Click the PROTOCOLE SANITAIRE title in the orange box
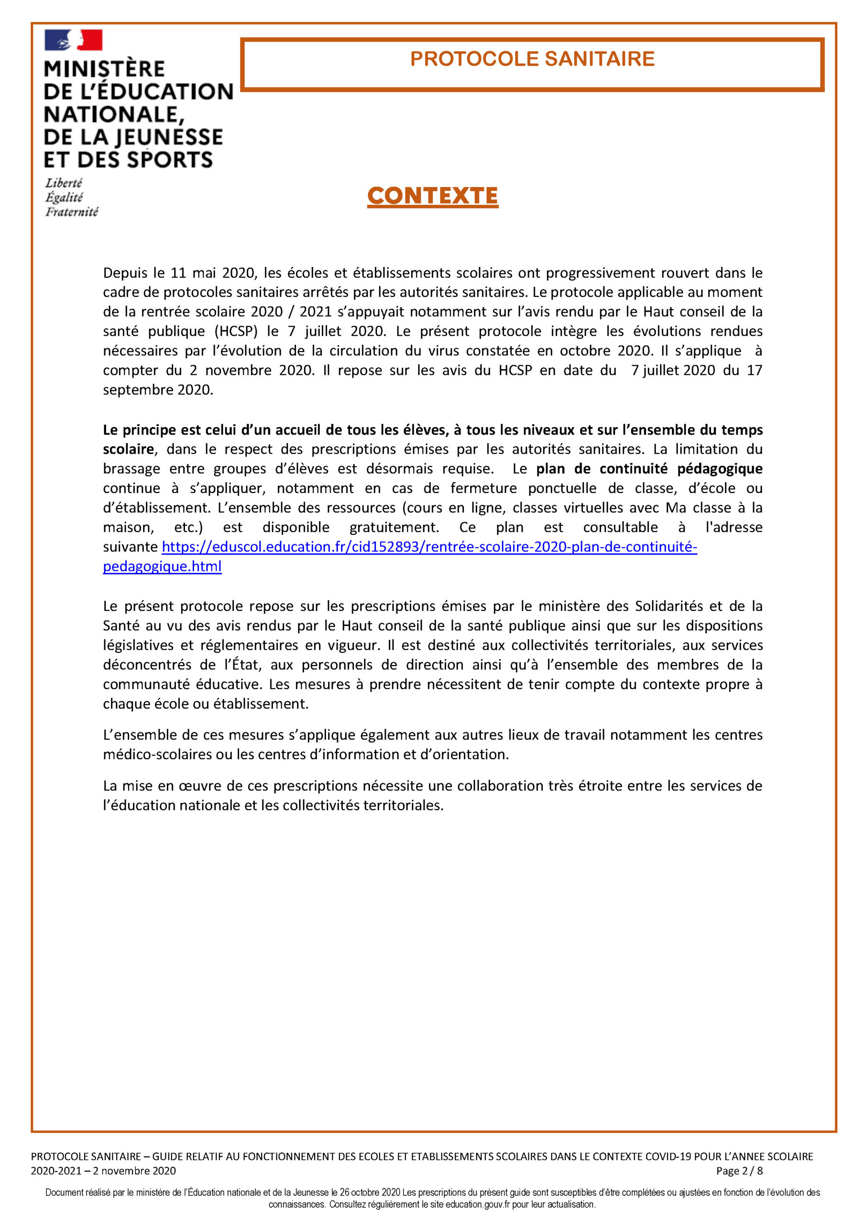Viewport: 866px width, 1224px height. point(532,59)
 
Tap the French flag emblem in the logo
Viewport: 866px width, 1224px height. point(74,41)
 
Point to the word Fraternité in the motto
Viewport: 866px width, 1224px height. point(71,212)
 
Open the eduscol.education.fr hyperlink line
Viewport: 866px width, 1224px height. point(429,546)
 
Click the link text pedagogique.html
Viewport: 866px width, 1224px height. point(162,566)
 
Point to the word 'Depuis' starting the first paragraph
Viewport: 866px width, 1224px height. point(125,273)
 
